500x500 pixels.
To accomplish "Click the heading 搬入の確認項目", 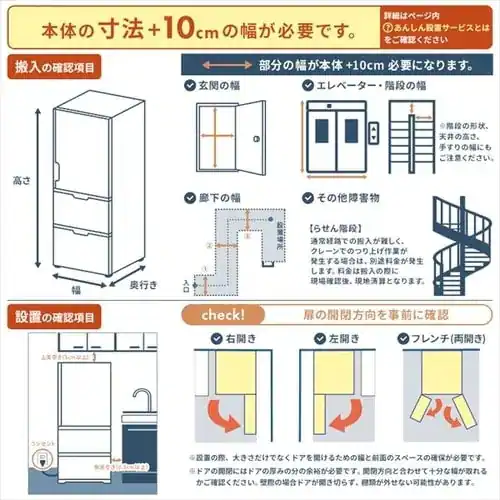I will [55, 67].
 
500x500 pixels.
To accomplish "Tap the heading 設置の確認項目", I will [55, 317].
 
